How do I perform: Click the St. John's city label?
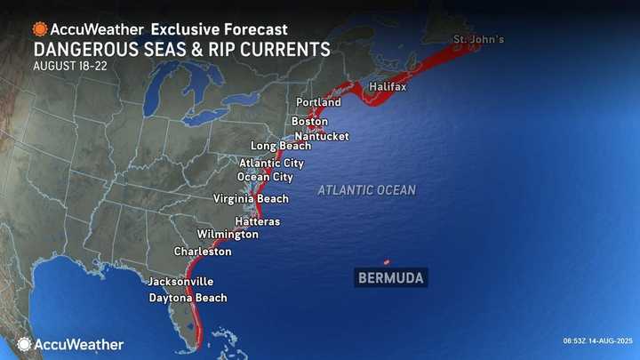tap(480, 40)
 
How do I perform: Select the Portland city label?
tap(319, 103)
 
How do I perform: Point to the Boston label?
tap(309, 121)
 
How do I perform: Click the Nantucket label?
tap(322, 136)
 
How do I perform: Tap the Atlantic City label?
tap(272, 164)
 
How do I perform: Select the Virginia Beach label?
tap(252, 199)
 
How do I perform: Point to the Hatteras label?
tap(258, 220)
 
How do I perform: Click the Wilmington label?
tap(228, 235)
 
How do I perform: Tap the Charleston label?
tap(203, 252)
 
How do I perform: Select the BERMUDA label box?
tap(390, 278)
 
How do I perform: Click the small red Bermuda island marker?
tap(386, 262)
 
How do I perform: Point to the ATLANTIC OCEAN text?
tap(366, 190)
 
